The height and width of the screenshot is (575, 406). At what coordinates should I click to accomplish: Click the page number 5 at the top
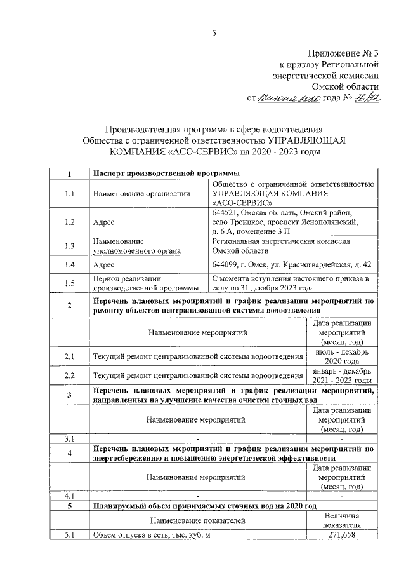(214, 34)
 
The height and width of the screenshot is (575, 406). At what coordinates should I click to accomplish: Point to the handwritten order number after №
(366, 98)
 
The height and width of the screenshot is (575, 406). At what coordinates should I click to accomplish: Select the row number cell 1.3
(70, 246)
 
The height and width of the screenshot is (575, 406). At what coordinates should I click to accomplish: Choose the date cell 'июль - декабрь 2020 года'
(341, 356)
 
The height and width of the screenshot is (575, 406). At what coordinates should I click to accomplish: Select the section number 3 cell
(70, 396)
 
